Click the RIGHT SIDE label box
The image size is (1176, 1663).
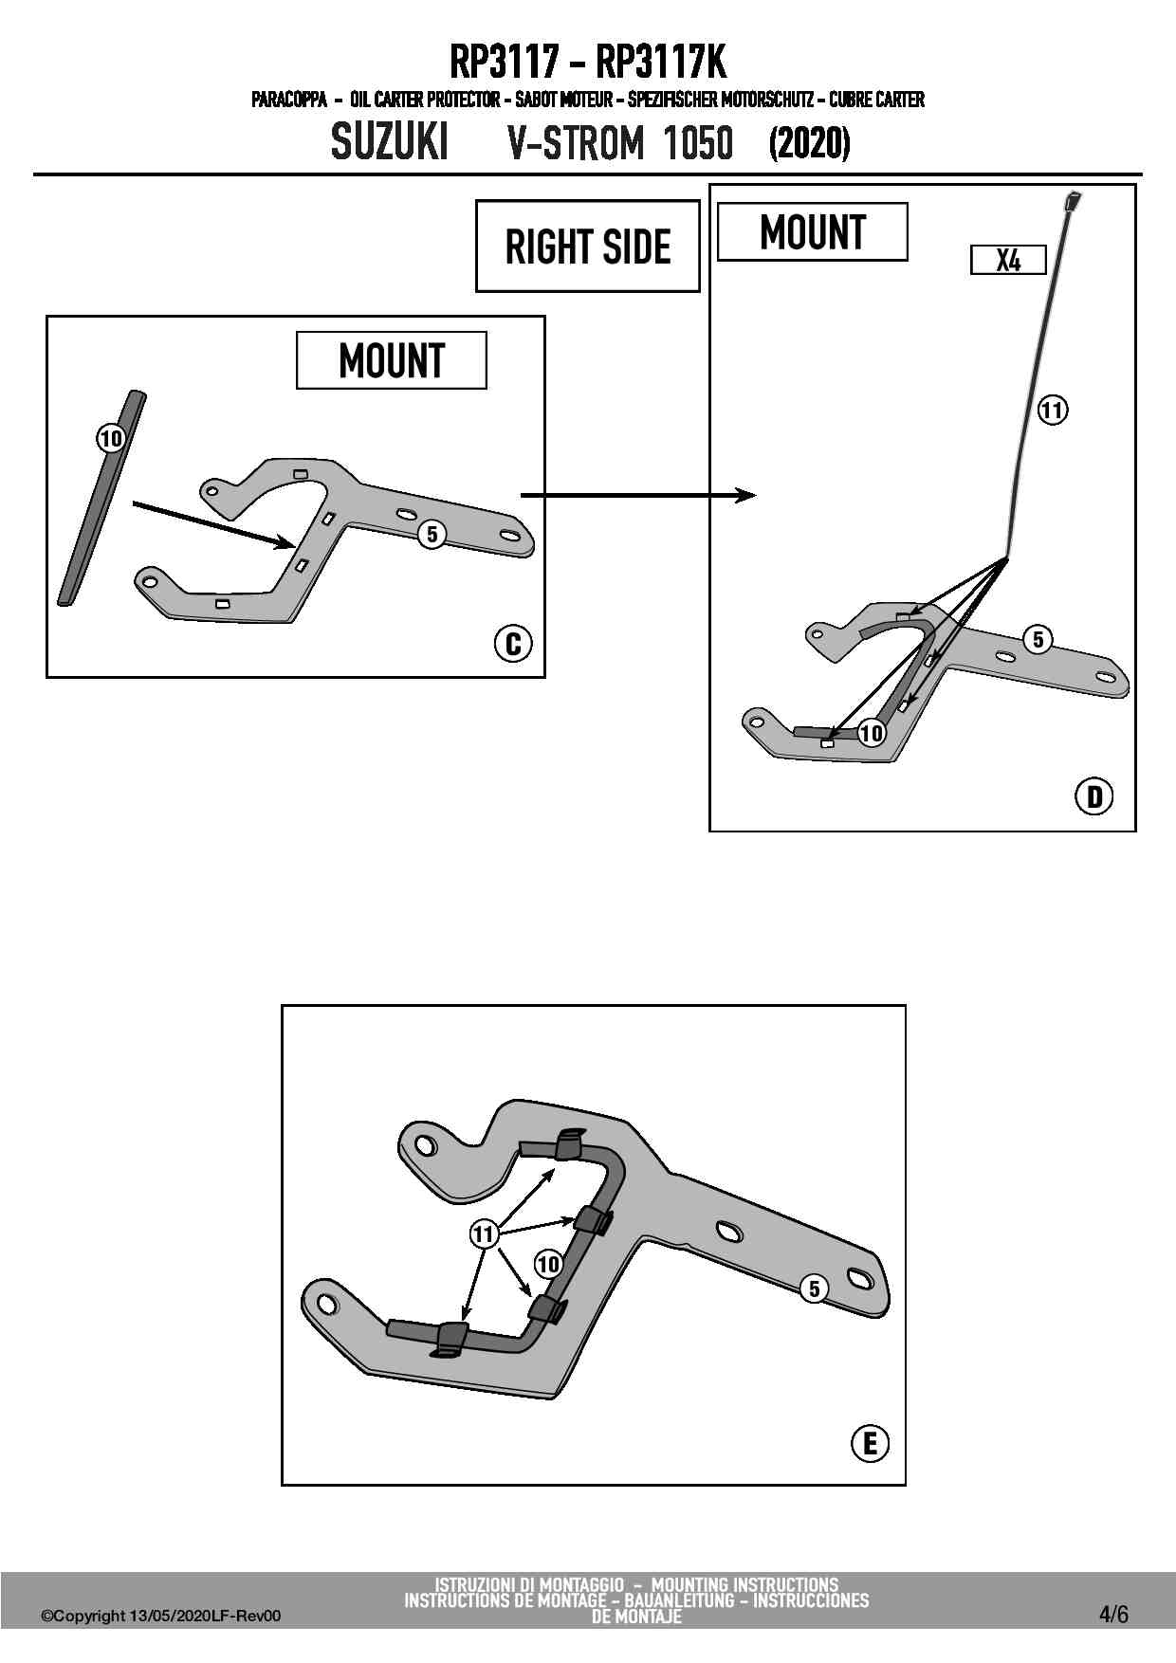coord(587,247)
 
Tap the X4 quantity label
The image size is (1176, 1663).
coord(1008,260)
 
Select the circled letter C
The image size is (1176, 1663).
coord(513,644)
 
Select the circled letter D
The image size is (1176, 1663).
coord(1094,795)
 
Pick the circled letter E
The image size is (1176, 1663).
coord(870,1443)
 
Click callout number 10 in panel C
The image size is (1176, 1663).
coord(111,438)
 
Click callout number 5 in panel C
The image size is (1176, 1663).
coord(432,535)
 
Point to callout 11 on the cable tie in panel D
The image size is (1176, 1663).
coord(1052,410)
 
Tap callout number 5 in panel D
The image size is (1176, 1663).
coord(1038,639)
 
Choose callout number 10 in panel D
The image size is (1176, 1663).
coord(871,732)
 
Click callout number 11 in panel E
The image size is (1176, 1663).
coord(484,1234)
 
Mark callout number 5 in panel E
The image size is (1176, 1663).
coord(814,1288)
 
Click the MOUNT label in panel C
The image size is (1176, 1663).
coord(392,360)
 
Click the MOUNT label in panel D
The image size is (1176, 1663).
coord(813,232)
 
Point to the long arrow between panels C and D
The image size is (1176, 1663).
coord(637,495)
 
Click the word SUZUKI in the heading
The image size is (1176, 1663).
coord(389,143)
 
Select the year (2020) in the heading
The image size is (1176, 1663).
coord(809,143)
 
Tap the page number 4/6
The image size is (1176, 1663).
coord(1113,1614)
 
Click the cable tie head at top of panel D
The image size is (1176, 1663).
coord(1075,200)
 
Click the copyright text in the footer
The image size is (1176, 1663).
coord(161,1616)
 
